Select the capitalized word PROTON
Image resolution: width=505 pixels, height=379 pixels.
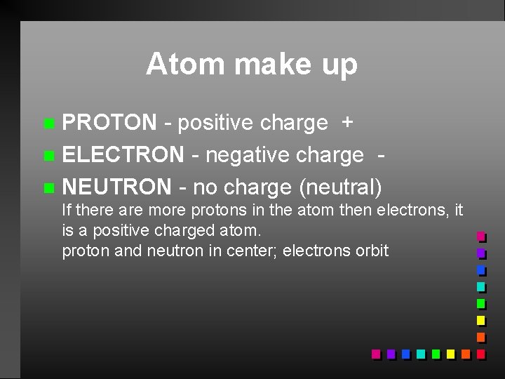pos(109,123)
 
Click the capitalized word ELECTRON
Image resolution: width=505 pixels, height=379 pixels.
pos(123,155)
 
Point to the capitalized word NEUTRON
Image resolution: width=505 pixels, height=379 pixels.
pos(116,187)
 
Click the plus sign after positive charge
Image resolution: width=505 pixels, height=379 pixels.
pos(346,124)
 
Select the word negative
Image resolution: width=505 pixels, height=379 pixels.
pos(250,155)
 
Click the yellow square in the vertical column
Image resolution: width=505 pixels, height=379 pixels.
pos(480,321)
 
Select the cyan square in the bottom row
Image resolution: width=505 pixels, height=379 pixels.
pos(420,354)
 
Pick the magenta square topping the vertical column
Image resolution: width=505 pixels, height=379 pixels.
pos(480,237)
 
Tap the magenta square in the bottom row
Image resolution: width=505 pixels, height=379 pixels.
pos(376,354)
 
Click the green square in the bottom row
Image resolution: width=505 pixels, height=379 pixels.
pos(436,354)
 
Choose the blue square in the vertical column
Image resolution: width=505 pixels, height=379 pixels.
pos(480,270)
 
